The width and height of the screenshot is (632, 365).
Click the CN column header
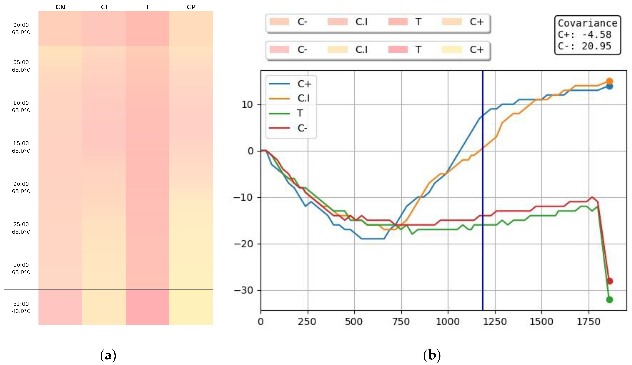click(60, 7)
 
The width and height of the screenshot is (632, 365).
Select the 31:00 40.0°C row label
click(21, 307)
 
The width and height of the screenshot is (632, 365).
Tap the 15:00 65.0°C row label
click(21, 147)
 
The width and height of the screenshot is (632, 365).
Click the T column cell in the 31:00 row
click(147, 307)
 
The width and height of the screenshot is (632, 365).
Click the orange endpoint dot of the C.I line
click(609, 81)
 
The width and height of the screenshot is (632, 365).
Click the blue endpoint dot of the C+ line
click(609, 86)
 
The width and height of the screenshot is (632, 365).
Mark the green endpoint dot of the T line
click(609, 300)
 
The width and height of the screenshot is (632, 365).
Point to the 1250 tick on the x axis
click(495, 322)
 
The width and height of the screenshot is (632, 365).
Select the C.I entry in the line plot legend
click(303, 98)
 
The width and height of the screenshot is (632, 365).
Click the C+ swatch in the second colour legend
click(452, 50)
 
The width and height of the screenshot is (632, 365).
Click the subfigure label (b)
click(432, 355)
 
